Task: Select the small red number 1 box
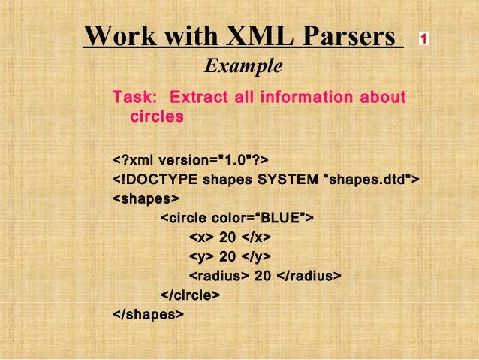[x=424, y=38]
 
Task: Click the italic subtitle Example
[x=243, y=67]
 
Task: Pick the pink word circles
[x=157, y=117]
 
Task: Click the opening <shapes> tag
[x=146, y=199]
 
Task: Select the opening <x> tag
[x=200, y=238]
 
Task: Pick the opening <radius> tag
[x=218, y=277]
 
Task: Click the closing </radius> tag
[x=309, y=277]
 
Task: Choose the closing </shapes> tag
[x=148, y=315]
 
